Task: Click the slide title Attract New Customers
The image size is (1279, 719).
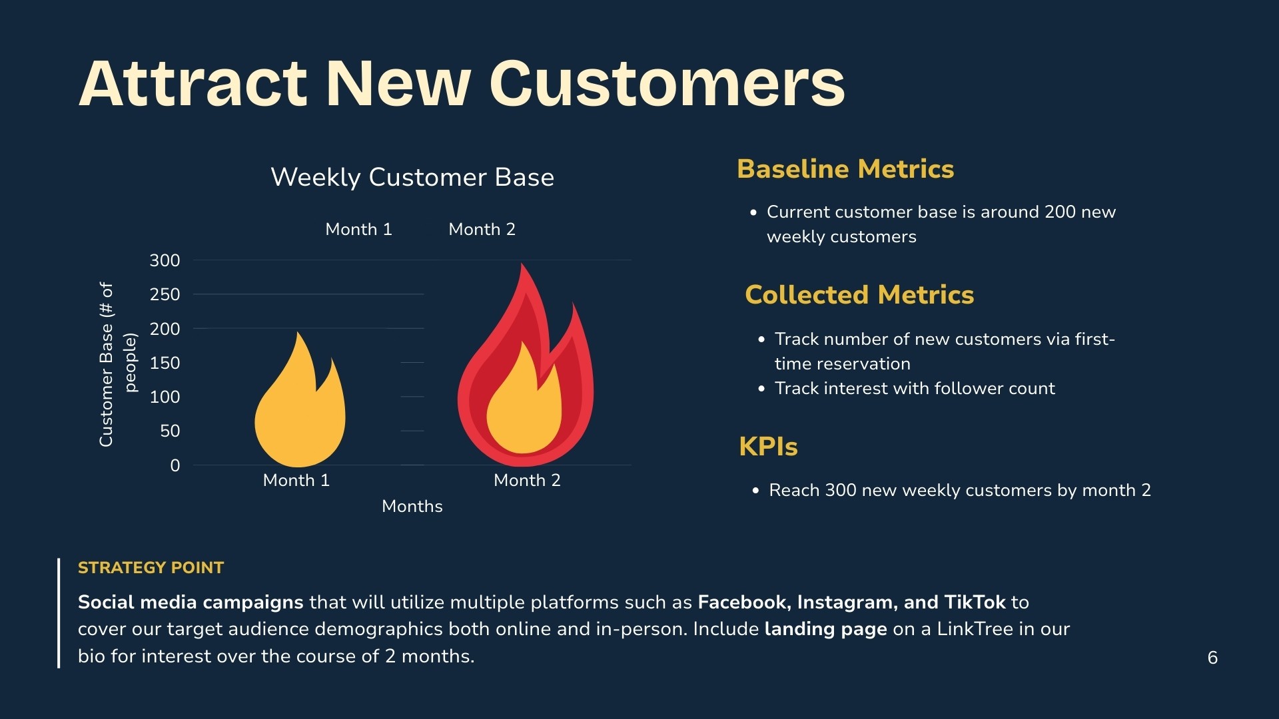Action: tap(462, 84)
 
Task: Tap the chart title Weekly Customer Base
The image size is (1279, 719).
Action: tap(412, 177)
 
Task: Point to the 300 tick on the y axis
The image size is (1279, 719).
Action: tap(165, 260)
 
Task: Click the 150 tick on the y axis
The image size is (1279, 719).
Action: tap(165, 363)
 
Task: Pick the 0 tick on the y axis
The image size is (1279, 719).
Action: tap(175, 465)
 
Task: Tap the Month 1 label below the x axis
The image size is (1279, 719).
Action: tap(296, 480)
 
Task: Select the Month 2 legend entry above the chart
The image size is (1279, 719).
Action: tap(482, 229)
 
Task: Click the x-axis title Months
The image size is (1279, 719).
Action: tap(412, 506)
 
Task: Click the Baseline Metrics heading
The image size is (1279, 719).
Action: tap(845, 169)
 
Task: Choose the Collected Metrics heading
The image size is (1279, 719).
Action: tap(859, 295)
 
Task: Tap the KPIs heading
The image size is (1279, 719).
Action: tap(768, 447)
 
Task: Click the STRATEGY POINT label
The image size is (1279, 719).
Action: tap(151, 568)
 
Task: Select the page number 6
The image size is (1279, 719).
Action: tap(1212, 658)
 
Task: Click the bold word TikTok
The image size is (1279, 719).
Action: tap(975, 602)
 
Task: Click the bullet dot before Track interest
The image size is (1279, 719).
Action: tap(761, 389)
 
